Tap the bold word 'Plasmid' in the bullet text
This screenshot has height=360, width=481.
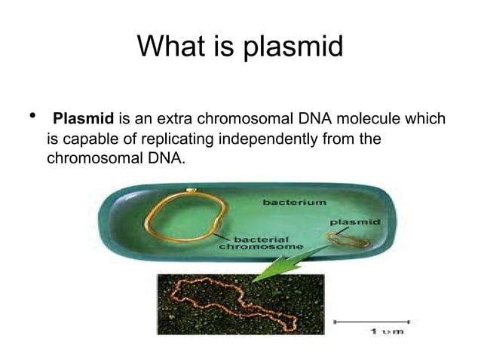[x=84, y=119]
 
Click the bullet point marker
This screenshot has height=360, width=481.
[x=31, y=117]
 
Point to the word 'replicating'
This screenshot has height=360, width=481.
[x=182, y=139]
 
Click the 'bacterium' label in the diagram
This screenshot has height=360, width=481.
[x=295, y=202]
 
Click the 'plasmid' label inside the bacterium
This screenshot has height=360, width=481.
[x=354, y=224]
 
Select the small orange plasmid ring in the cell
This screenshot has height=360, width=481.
[x=348, y=240]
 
